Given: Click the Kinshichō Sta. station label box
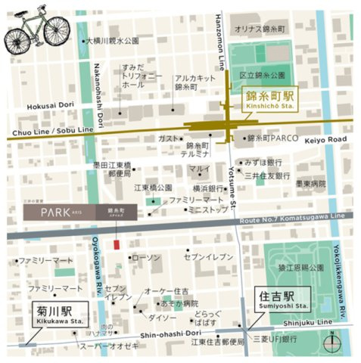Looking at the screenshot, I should click(269, 100).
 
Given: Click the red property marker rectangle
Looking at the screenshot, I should click(116, 244).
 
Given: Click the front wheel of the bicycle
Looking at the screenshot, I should click(58, 33).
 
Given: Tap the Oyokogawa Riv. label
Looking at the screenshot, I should click(99, 264).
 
